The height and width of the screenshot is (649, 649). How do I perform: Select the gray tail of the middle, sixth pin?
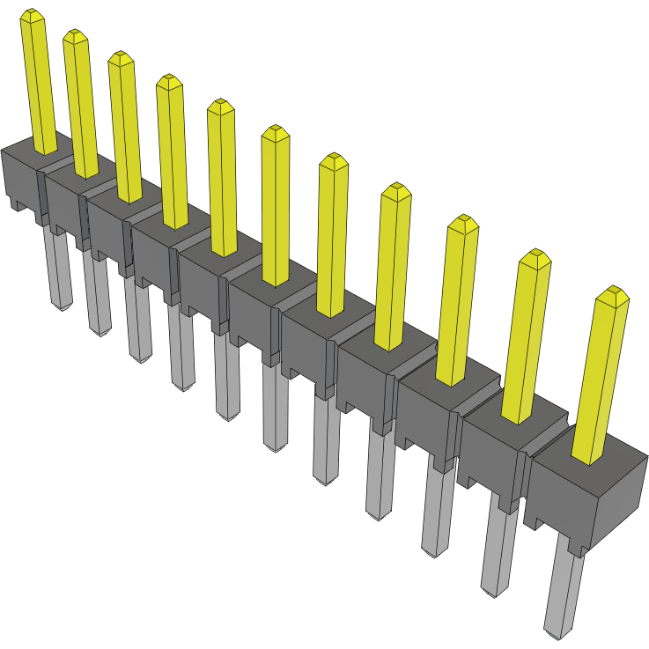point(276,405)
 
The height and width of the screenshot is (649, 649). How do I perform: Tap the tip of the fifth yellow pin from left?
point(220,107)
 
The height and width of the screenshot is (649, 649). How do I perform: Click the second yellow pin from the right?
point(529,335)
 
